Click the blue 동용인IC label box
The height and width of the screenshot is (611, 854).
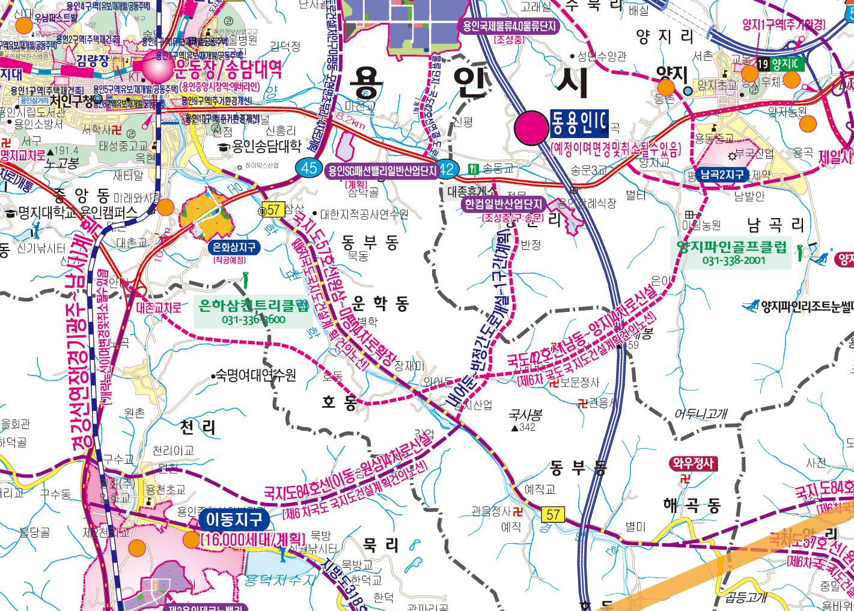click(x=579, y=124)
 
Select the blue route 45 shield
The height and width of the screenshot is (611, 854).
click(x=309, y=168)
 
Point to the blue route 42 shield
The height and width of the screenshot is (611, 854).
click(x=447, y=170)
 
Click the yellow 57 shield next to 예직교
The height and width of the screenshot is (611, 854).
click(x=553, y=515)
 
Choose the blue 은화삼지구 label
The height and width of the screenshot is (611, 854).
click(x=234, y=248)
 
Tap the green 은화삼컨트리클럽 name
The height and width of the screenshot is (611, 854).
click(x=254, y=306)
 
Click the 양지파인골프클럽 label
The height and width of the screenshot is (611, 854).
click(x=731, y=247)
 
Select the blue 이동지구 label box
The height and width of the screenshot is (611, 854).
click(x=234, y=519)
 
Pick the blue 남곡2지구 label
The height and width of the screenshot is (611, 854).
click(x=722, y=175)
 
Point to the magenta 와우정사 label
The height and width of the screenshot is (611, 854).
click(x=693, y=463)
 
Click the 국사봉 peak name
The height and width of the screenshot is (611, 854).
click(x=525, y=415)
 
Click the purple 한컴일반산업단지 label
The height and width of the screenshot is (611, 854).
click(x=503, y=204)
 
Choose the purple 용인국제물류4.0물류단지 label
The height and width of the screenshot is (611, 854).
click(x=508, y=26)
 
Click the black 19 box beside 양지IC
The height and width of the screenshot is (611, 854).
click(x=763, y=64)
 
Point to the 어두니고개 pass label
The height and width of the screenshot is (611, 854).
click(x=700, y=414)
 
